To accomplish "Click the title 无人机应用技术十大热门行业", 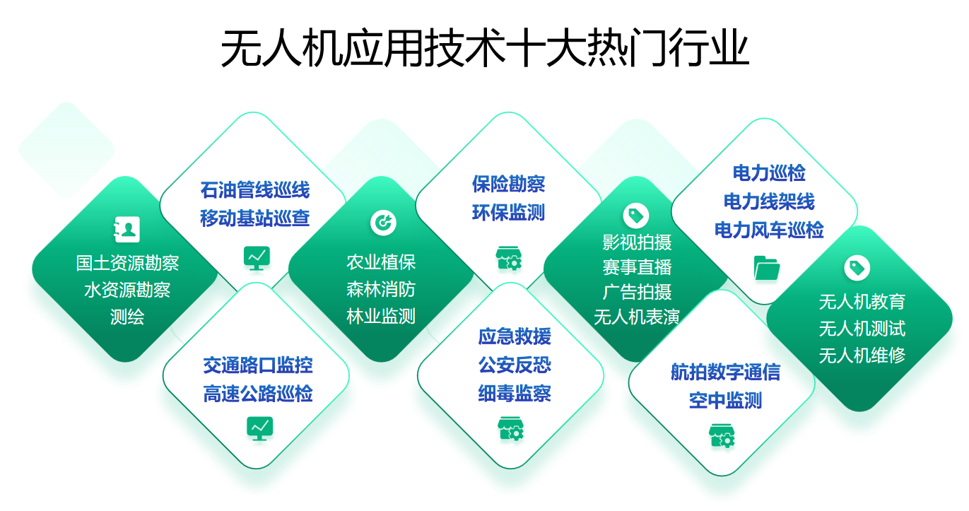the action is pyautogui.click(x=485, y=47).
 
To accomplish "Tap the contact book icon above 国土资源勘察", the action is pyautogui.click(x=127, y=229).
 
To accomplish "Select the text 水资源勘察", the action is pyautogui.click(x=127, y=290).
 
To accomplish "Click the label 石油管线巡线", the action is pyautogui.click(x=254, y=190).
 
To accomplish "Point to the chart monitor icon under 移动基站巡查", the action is pyautogui.click(x=257, y=258).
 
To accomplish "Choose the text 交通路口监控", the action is pyautogui.click(x=258, y=365).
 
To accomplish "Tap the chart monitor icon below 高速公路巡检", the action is pyautogui.click(x=259, y=428).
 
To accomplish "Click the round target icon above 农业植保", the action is pyautogui.click(x=383, y=223).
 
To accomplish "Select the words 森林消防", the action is pyautogui.click(x=381, y=289).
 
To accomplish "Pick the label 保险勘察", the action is pyautogui.click(x=508, y=184).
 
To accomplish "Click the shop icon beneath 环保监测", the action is pyautogui.click(x=509, y=258).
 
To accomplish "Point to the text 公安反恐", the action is pyautogui.click(x=515, y=365).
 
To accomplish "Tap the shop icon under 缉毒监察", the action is pyautogui.click(x=510, y=428).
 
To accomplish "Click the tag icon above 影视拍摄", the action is pyautogui.click(x=636, y=215).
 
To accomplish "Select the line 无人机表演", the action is pyautogui.click(x=637, y=317).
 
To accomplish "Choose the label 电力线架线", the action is pyautogui.click(x=769, y=201).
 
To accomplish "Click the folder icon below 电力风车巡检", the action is pyautogui.click(x=767, y=268).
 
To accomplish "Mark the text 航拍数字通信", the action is pyautogui.click(x=725, y=372).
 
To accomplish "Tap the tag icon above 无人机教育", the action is pyautogui.click(x=857, y=268).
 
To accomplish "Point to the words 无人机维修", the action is pyautogui.click(x=862, y=356).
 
